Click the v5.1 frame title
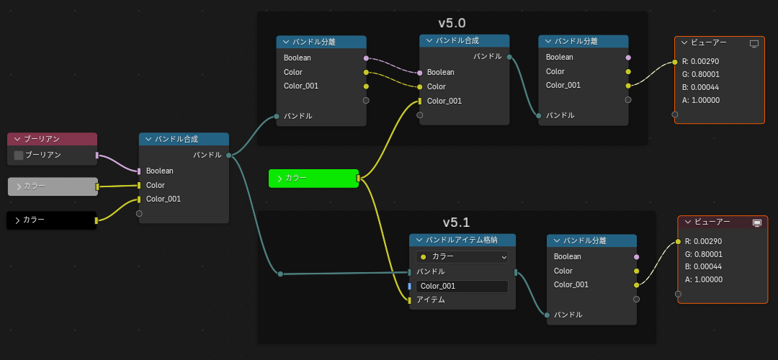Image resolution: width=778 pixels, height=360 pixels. click(x=456, y=222)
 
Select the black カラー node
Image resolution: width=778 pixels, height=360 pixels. click(x=51, y=220)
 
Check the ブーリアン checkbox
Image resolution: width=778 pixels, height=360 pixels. click(x=19, y=155)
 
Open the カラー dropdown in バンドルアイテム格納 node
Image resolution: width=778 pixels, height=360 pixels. click(x=462, y=256)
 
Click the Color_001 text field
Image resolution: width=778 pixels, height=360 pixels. click(x=462, y=286)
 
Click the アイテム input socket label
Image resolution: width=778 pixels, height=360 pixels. click(x=430, y=300)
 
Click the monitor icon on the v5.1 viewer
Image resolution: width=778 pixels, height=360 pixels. click(x=757, y=223)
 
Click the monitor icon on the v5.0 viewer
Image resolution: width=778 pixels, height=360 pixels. click(x=754, y=44)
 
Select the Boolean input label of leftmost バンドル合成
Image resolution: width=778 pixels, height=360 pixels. click(x=159, y=171)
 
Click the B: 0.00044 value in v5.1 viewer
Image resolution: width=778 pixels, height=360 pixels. click(x=703, y=266)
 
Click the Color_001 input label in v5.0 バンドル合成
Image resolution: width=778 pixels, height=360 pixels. click(x=444, y=101)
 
